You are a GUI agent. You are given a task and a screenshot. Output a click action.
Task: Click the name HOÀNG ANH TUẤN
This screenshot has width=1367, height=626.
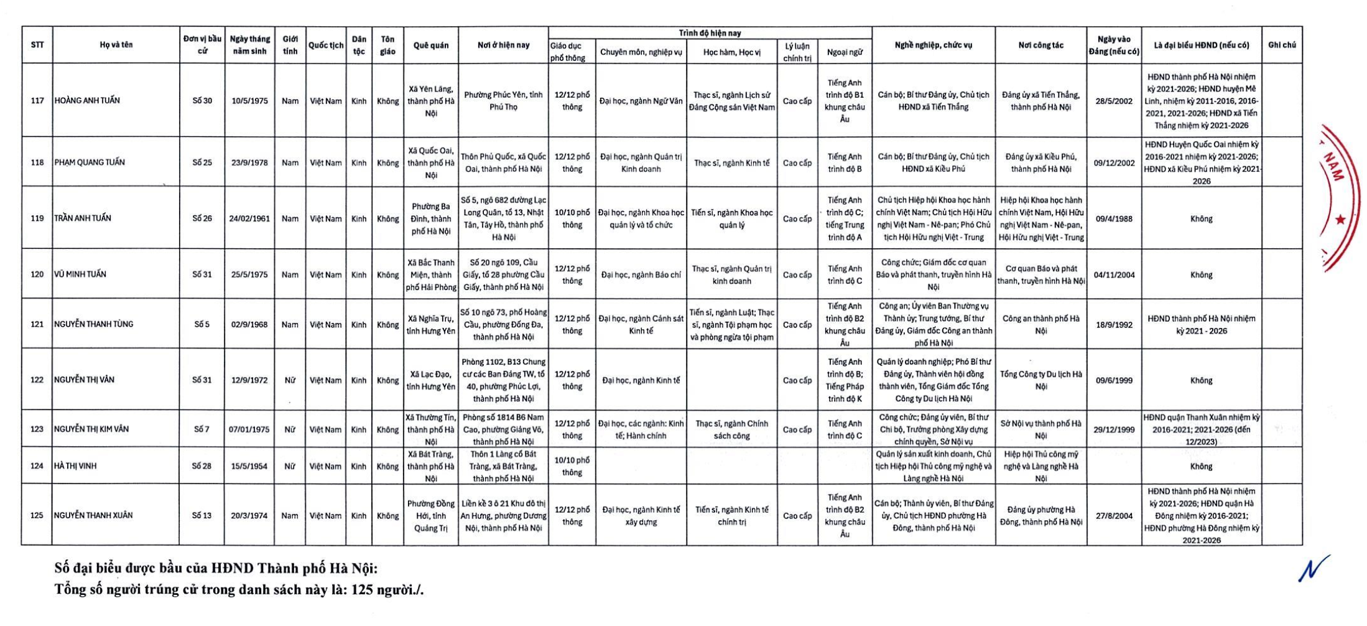click(87, 101)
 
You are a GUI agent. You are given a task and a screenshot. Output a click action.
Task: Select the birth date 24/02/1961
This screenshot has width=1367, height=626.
click(249, 219)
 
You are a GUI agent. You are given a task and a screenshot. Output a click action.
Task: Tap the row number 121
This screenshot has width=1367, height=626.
click(37, 324)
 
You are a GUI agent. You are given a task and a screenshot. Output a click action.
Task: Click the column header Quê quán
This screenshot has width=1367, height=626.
click(430, 45)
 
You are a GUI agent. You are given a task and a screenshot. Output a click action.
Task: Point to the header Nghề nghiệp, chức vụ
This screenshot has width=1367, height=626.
click(933, 45)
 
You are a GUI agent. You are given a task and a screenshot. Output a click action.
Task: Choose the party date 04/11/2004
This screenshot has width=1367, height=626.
click(1113, 275)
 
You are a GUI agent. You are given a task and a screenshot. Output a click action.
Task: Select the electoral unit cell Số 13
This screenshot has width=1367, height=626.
click(202, 516)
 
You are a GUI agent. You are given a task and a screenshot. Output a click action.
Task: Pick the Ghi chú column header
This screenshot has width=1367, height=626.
click(1282, 45)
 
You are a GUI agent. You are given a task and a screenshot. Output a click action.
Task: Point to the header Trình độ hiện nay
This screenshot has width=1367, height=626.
click(710, 33)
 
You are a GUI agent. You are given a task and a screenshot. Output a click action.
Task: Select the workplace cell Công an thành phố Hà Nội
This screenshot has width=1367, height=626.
click(1040, 325)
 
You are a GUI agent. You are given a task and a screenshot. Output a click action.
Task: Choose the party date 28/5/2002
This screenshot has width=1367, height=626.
click(1113, 101)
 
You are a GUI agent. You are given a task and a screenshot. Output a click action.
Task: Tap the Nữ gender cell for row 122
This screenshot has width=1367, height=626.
click(290, 380)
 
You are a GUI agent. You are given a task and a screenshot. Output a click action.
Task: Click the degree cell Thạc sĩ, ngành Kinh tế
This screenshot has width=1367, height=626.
click(731, 163)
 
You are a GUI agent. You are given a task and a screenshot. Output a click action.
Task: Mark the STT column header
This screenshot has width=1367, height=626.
click(37, 45)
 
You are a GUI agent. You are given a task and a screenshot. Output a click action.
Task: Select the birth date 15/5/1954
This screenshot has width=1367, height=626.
click(249, 466)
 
